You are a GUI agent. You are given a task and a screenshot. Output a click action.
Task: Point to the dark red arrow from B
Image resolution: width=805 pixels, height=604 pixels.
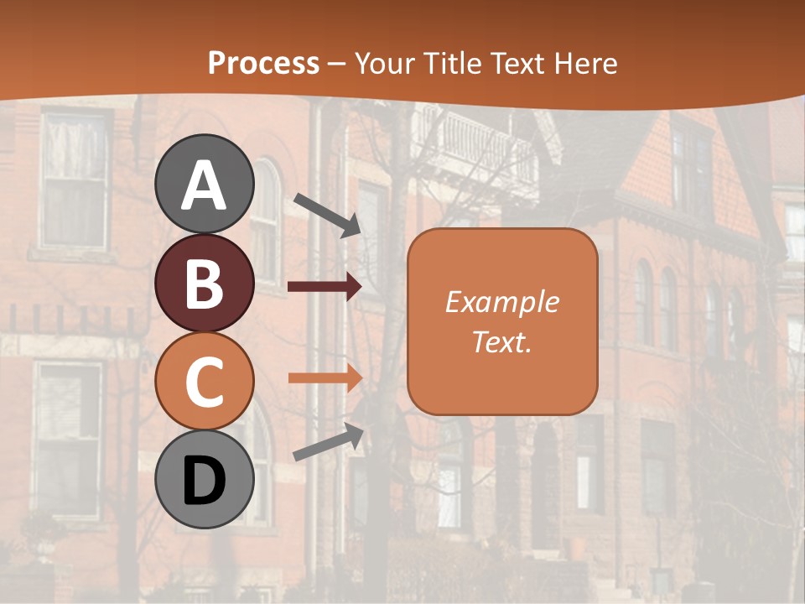coord(324,287)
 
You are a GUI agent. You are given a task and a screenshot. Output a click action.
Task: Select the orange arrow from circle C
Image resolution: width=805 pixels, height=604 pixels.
coord(324,378)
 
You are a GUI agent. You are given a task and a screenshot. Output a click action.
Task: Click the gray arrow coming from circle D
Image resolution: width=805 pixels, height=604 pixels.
coord(328,442)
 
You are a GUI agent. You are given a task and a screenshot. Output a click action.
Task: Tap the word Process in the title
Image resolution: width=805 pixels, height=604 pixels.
coord(263,63)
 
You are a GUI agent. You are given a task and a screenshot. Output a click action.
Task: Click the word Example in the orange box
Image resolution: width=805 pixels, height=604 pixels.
coord(501,302)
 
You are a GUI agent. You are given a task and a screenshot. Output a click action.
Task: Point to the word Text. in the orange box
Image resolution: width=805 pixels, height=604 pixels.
coord(501,341)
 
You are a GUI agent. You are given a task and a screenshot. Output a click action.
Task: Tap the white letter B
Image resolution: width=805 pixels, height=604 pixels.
coord(205,284)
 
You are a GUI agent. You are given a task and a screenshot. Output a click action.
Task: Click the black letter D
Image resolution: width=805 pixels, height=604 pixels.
coord(205,482)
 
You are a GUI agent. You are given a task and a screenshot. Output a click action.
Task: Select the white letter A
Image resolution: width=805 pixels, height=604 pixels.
coord(205,185)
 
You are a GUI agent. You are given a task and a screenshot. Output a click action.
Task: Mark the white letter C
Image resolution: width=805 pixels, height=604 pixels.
coord(205,383)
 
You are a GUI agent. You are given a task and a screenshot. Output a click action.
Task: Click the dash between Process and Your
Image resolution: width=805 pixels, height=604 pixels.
coord(337,64)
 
